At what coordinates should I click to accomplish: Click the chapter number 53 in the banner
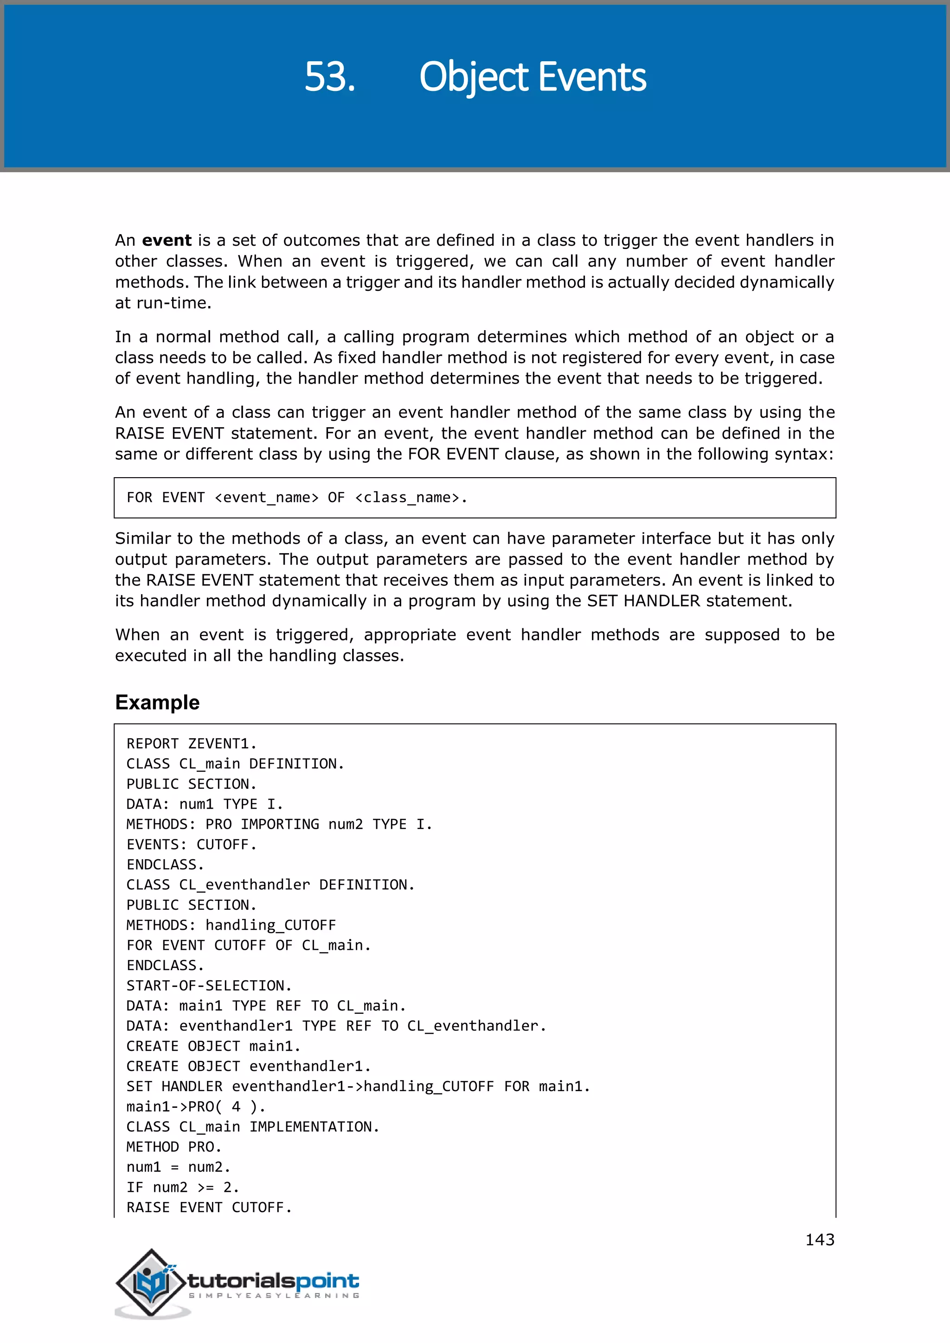[x=329, y=77]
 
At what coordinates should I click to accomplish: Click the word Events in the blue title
[x=591, y=77]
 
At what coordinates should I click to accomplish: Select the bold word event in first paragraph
[x=166, y=240]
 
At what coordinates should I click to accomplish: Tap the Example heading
[x=157, y=702]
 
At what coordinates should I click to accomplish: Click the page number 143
[x=819, y=1240]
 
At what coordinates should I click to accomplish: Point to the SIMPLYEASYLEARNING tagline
[x=273, y=1296]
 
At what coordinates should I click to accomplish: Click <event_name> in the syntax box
[x=267, y=498]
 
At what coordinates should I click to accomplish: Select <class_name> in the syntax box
[x=407, y=498]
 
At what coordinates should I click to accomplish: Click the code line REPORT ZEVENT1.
[x=191, y=743]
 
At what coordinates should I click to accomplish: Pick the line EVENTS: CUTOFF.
[x=191, y=844]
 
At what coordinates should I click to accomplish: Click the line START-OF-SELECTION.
[x=209, y=985]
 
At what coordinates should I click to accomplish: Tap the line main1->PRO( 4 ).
[x=196, y=1106]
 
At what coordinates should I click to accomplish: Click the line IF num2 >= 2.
[x=182, y=1187]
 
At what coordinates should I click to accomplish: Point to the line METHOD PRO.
[x=174, y=1147]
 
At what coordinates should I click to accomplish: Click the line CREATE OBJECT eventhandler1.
[x=249, y=1066]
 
